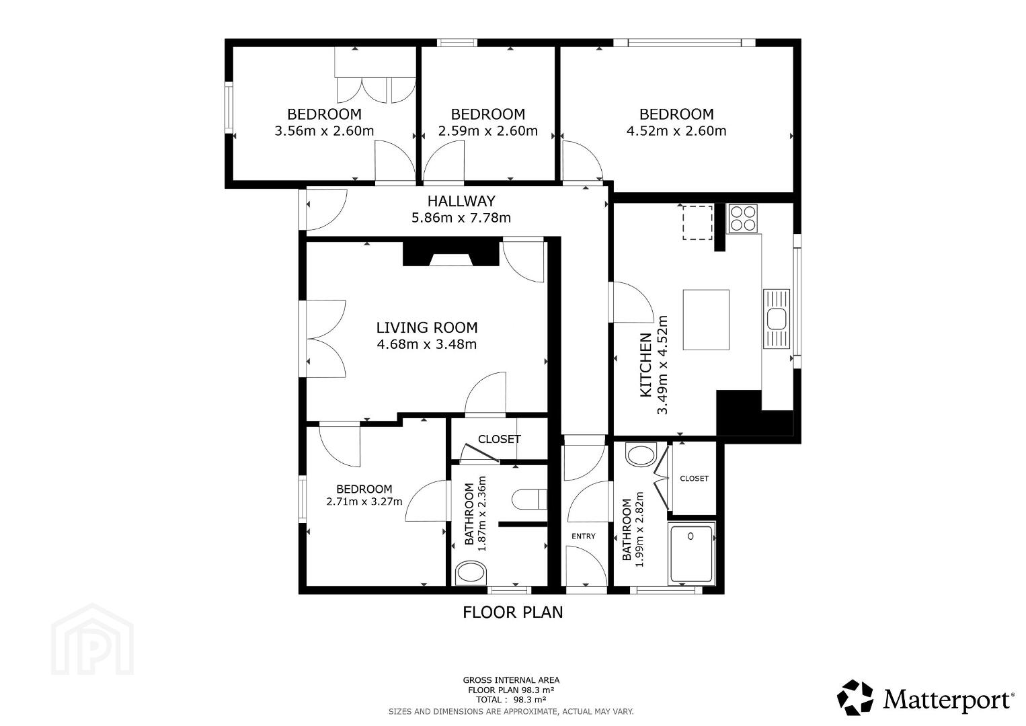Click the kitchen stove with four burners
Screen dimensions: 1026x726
coord(743,218)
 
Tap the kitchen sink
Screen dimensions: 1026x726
coord(777,319)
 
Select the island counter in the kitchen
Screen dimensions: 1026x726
coord(706,320)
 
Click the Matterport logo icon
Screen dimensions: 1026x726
coord(855,698)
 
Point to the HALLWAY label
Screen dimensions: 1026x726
coord(461,201)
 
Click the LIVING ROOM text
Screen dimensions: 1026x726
coord(427,327)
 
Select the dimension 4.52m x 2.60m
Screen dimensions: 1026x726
coord(676,131)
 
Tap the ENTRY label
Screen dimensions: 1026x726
coord(583,536)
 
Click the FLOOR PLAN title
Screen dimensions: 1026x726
coord(512,612)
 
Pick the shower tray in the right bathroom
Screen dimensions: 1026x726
coord(691,553)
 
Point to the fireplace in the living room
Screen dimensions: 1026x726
coord(450,253)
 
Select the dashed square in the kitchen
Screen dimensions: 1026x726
coord(697,223)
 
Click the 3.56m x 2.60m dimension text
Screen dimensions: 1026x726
coord(324,131)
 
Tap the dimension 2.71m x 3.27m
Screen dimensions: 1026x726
coord(364,501)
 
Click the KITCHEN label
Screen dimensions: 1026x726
coord(645,365)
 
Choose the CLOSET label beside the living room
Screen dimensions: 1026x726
coord(500,439)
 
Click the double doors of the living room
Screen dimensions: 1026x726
coord(325,339)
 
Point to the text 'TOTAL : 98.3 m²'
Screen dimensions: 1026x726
coord(511,699)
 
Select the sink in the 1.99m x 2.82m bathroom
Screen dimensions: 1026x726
coord(640,455)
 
